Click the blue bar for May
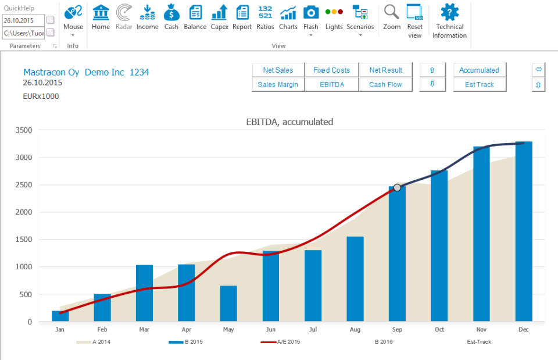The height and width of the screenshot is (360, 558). [x=228, y=304]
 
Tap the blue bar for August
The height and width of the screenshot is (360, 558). [x=355, y=279]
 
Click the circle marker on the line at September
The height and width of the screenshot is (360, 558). [x=397, y=187]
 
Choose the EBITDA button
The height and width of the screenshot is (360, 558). [x=331, y=84]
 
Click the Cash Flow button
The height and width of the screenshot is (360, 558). [x=385, y=84]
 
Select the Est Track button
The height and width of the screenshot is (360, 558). [x=479, y=84]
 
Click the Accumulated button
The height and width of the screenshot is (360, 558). [x=479, y=70]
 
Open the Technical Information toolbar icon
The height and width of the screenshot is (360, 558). [x=449, y=13]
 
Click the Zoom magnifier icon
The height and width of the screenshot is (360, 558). [x=392, y=13]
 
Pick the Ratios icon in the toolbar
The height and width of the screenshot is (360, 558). [x=265, y=13]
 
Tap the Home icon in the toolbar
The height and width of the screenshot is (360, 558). [x=101, y=13]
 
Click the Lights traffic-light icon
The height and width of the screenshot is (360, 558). [x=334, y=13]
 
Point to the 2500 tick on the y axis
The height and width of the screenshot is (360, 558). [x=23, y=185]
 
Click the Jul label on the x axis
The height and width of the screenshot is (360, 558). [x=313, y=330]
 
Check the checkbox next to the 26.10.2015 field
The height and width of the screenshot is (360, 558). [x=51, y=20]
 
